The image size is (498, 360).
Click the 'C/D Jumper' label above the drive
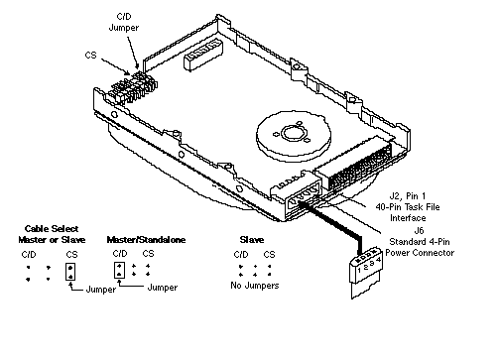[124, 22]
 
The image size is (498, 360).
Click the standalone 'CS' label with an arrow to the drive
[90, 55]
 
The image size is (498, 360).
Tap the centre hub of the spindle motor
[293, 134]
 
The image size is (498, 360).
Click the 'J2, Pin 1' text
[408, 196]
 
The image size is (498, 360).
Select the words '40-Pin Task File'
[408, 207]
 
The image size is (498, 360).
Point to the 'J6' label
[419, 230]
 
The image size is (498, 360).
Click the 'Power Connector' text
[420, 253]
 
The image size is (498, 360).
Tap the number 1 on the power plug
[359, 270]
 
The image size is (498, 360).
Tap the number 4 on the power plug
[379, 260]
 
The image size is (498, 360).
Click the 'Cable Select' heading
[52, 229]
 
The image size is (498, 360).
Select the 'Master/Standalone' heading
[146, 240]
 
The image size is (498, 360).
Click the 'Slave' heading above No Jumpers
[252, 240]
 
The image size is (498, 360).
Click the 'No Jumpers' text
[255, 286]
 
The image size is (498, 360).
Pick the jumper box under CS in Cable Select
[70, 272]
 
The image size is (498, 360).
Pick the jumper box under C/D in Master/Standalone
[119, 270]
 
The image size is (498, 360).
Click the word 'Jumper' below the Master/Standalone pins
[163, 288]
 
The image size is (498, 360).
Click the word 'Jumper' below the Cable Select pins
[101, 290]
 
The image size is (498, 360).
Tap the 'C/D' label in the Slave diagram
[241, 255]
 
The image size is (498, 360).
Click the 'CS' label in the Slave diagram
[269, 255]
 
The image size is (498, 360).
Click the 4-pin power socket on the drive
[303, 198]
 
